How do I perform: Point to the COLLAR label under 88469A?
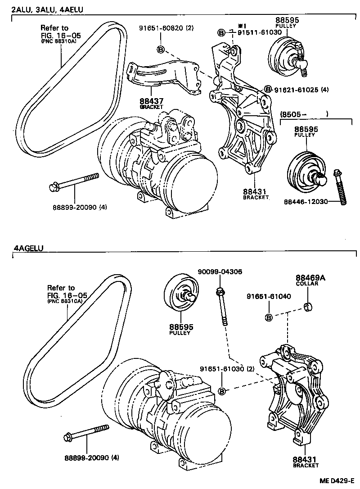(x=307, y=284)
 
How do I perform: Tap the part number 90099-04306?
(x=220, y=272)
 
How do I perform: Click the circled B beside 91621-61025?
(x=268, y=90)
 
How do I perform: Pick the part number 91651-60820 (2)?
(x=166, y=28)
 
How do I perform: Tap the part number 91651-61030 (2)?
(x=228, y=369)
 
